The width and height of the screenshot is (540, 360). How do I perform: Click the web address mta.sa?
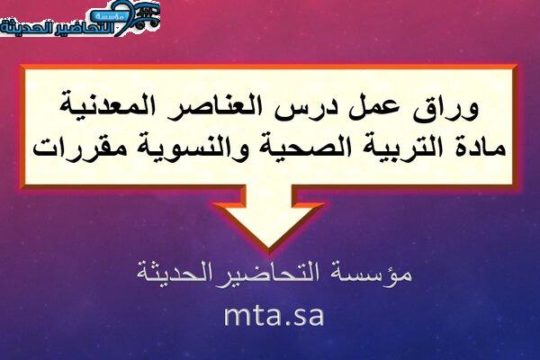(x=274, y=315)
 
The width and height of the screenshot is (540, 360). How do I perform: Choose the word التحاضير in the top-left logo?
(x=85, y=28)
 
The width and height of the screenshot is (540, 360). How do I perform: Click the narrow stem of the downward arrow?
(x=269, y=193)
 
